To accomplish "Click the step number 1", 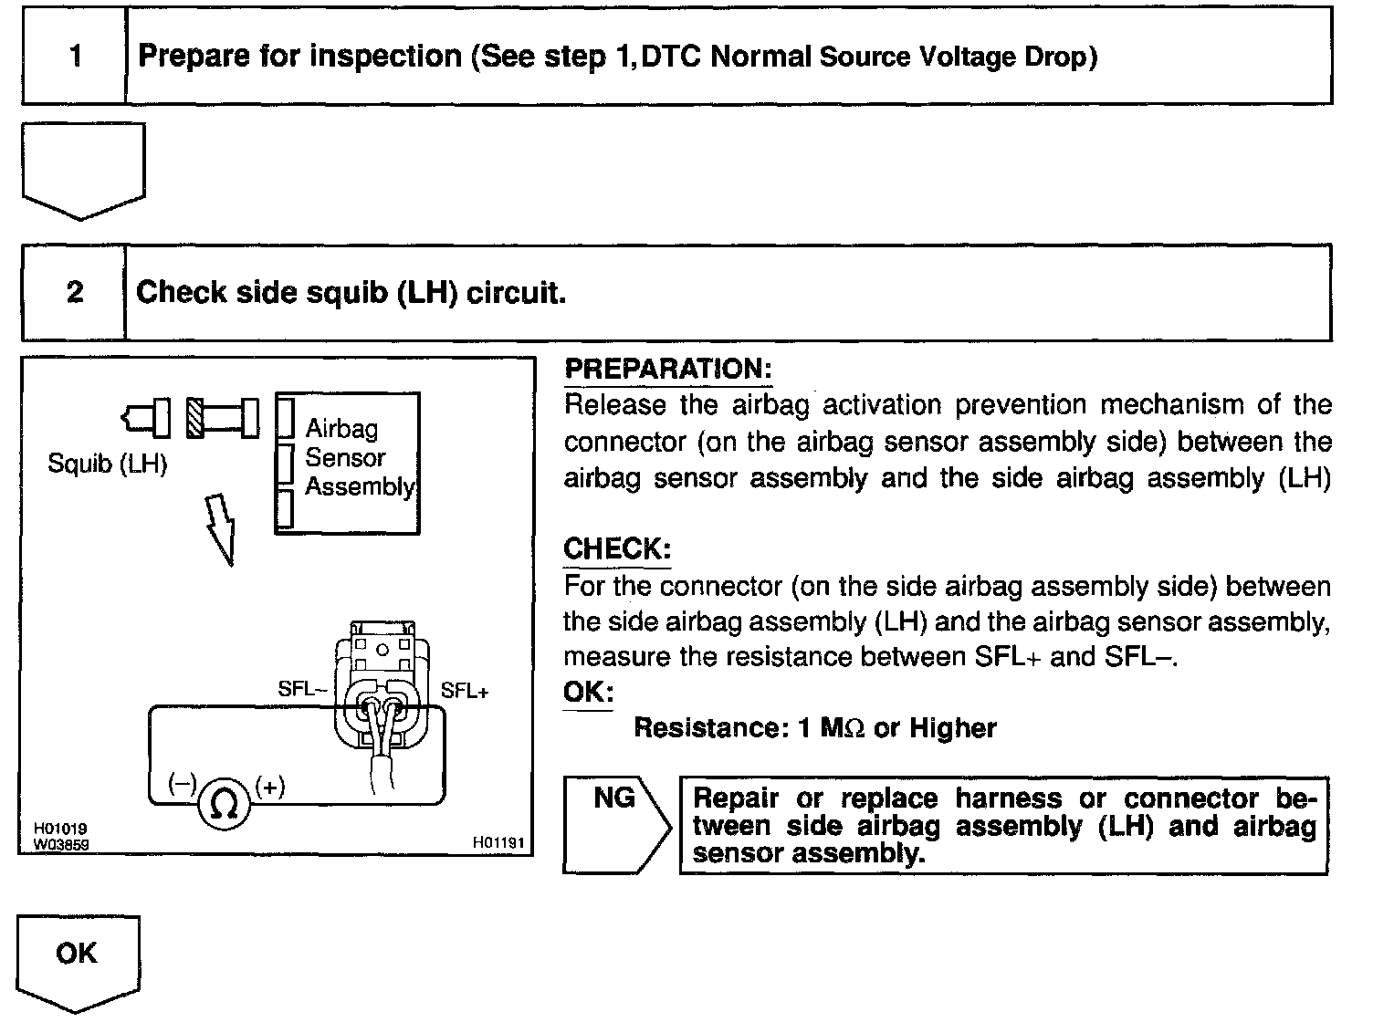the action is (x=76, y=56).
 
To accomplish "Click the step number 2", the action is (x=75, y=292).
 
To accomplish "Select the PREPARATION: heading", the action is (x=668, y=369).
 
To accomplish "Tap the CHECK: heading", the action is (x=617, y=548).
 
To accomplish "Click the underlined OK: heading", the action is (x=588, y=692).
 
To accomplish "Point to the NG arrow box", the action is (x=616, y=826).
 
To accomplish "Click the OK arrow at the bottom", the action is (x=78, y=963).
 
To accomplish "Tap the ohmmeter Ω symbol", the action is (x=224, y=804).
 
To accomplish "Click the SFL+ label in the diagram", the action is (x=464, y=691).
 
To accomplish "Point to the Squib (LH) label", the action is (x=108, y=464).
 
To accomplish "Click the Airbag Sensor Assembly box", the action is (x=348, y=464).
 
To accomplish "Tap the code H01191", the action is (x=498, y=842).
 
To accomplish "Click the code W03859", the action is (x=61, y=844).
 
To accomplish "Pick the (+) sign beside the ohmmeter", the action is (x=270, y=787).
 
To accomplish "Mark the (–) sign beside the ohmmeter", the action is (x=182, y=783).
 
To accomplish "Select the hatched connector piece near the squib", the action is (x=195, y=418).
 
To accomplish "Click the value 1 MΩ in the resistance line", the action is (x=832, y=728).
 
